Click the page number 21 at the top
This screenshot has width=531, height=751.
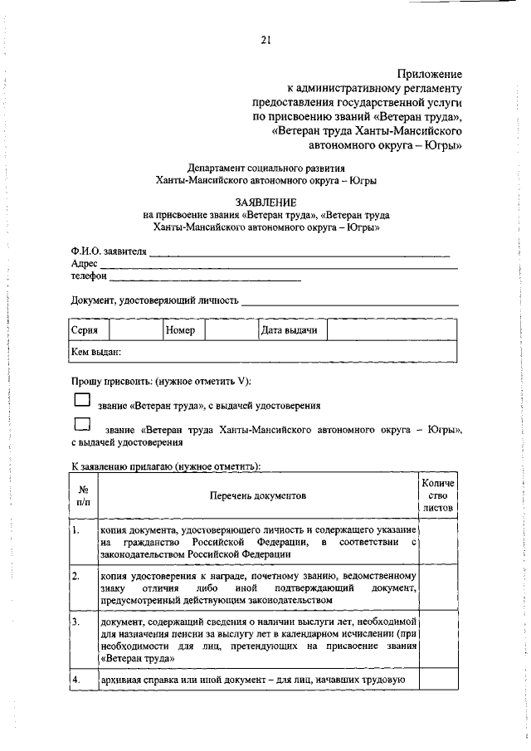click(x=265, y=39)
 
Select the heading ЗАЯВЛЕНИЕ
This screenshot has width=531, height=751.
click(x=265, y=202)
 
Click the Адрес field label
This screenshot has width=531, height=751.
click(x=85, y=265)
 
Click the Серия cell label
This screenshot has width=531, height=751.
click(x=85, y=330)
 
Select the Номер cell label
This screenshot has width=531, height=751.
click(x=180, y=330)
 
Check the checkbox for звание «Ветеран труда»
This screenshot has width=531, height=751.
click(x=81, y=400)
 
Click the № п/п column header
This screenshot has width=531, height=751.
click(x=83, y=496)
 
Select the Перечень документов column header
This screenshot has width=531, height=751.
click(x=256, y=496)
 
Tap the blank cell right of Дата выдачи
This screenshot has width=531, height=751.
click(x=391, y=330)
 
